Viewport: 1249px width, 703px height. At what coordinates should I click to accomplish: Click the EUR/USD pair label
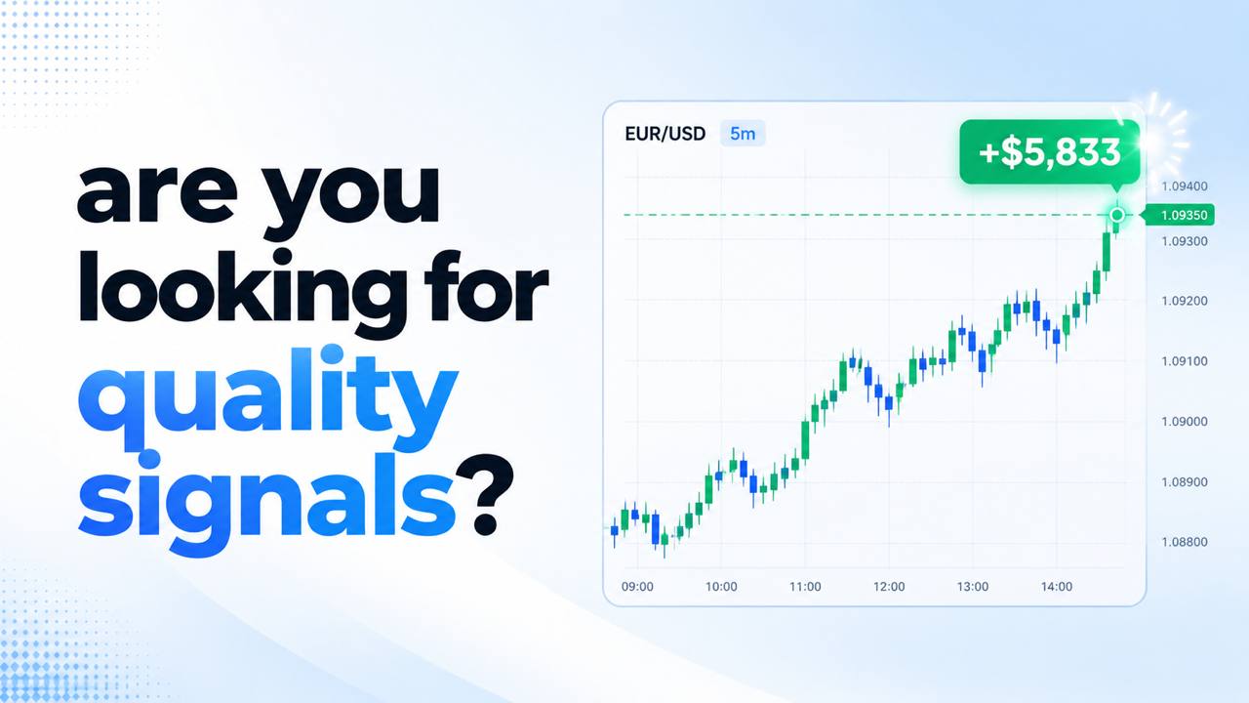tap(665, 134)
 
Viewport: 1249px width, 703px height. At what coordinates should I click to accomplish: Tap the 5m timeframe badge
tap(743, 134)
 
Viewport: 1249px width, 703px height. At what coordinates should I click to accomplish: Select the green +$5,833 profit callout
tap(1049, 151)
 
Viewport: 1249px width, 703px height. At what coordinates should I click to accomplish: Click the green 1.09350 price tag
tap(1180, 215)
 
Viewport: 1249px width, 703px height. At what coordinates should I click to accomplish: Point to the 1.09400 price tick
tap(1185, 186)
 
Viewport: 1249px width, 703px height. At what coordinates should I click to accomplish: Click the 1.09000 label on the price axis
tap(1185, 421)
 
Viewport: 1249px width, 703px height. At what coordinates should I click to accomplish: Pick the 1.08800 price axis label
tap(1185, 542)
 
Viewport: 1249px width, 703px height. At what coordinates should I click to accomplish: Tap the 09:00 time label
tap(637, 587)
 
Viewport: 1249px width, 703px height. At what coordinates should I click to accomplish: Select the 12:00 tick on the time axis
tap(889, 587)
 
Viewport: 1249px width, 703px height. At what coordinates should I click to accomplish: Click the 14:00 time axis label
tap(1057, 587)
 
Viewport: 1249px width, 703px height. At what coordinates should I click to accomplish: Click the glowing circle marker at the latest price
tap(1117, 215)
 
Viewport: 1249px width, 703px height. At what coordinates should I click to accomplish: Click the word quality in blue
tap(267, 400)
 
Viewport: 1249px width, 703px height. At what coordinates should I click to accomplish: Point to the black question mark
tap(484, 495)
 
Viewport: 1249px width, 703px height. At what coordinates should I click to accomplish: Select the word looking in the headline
tap(243, 292)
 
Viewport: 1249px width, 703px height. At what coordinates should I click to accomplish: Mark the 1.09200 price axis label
tap(1185, 301)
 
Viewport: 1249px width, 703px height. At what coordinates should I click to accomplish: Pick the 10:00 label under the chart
tap(721, 587)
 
